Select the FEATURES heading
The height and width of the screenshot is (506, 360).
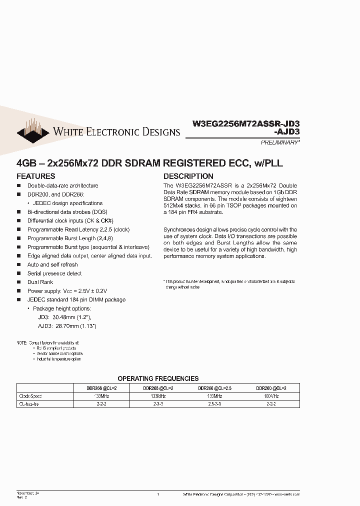click(x=36, y=176)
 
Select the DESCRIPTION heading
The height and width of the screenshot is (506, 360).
click(x=188, y=176)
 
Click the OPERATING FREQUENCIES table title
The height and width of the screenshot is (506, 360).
click(x=158, y=378)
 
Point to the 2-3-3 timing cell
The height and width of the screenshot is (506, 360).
click(x=158, y=403)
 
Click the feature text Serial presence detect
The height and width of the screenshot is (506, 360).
click(x=54, y=273)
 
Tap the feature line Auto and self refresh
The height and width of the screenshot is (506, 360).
click(x=52, y=264)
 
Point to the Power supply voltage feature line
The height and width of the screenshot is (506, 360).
click(x=67, y=291)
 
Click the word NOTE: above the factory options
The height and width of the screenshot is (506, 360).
click(x=21, y=342)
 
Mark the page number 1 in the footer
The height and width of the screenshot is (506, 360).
click(x=158, y=494)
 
